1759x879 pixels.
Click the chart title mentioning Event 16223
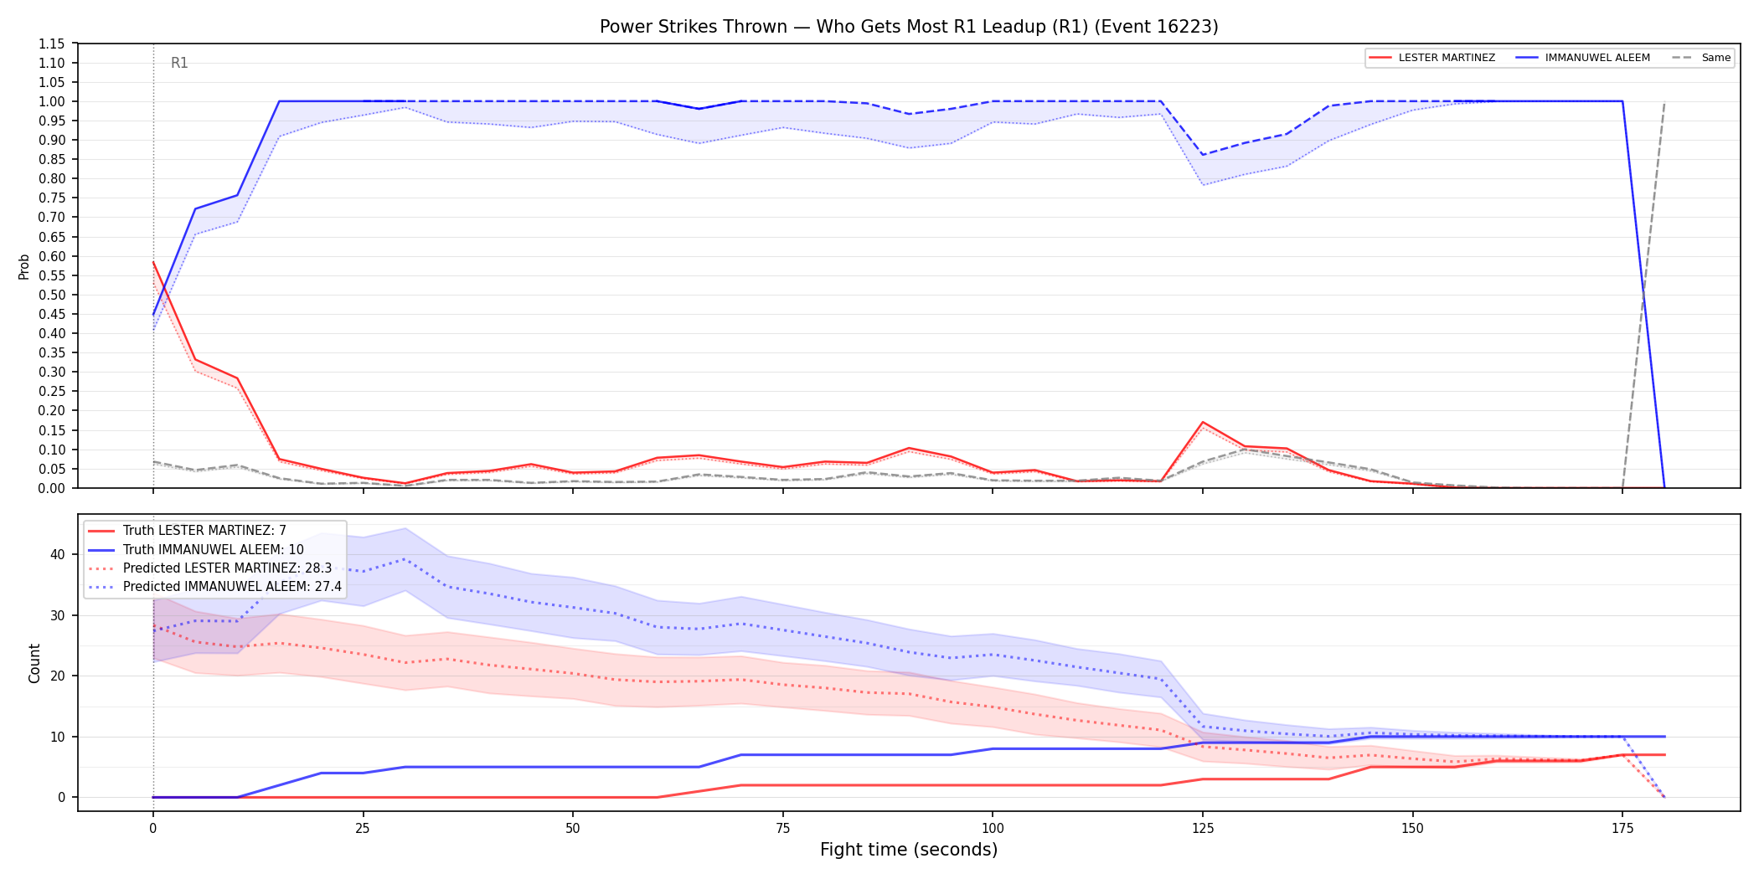point(909,27)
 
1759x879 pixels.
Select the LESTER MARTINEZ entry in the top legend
point(1432,58)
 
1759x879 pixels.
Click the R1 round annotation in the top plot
point(179,63)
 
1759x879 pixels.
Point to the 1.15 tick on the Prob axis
point(51,44)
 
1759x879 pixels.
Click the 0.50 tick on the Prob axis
point(51,295)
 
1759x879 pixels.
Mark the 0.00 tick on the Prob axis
point(51,488)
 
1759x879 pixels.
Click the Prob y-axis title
point(23,266)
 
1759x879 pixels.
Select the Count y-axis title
point(34,663)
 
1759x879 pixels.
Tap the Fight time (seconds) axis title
point(909,850)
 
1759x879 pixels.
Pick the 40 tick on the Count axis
point(57,554)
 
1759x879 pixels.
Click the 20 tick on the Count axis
point(57,676)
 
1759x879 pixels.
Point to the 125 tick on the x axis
point(1203,829)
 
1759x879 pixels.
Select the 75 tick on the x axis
point(783,829)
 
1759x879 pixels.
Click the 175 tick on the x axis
point(1622,829)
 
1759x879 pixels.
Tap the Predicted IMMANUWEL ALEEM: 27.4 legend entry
point(215,587)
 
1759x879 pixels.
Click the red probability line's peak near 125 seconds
point(1203,422)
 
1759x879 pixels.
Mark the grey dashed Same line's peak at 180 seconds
point(1664,102)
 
